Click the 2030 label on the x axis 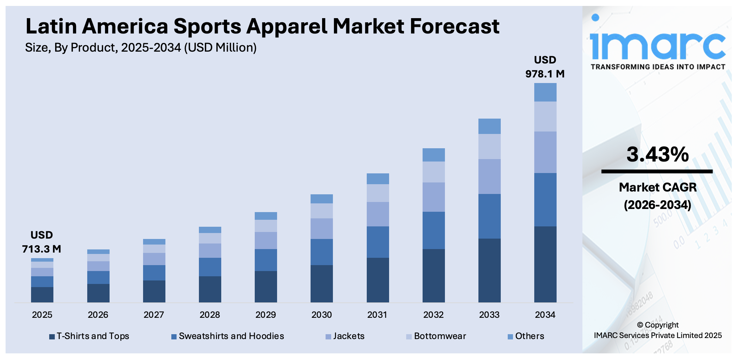tap(321, 315)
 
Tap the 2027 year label tap(154, 315)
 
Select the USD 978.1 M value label tap(545, 67)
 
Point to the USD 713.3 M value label tap(42, 242)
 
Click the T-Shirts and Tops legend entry tap(89, 336)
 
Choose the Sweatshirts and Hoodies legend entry tap(228, 336)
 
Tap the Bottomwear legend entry tap(436, 336)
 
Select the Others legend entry tap(526, 336)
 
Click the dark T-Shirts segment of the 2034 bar tap(545, 264)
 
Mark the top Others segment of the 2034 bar tap(545, 92)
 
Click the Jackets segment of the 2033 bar tap(489, 177)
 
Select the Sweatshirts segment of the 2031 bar tap(378, 242)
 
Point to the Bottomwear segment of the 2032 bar tap(433, 172)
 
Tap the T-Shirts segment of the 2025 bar tap(42, 294)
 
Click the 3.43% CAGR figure tap(657, 155)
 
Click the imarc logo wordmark tap(657, 45)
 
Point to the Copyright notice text tap(657, 330)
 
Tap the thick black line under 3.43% tap(657, 171)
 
